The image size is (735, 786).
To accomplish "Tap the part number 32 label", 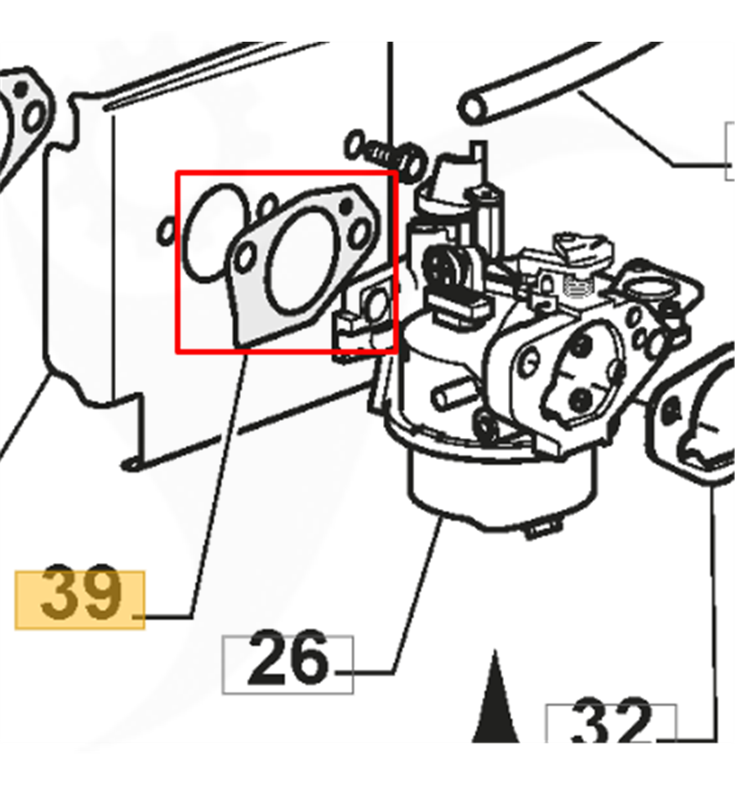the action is coord(610,721).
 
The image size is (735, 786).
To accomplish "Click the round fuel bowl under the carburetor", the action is coord(501,489).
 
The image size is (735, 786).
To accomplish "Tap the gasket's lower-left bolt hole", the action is coord(246,257).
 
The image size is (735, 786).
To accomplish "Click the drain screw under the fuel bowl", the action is coord(543,527).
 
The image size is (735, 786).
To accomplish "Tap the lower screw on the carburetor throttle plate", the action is coord(581,400).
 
